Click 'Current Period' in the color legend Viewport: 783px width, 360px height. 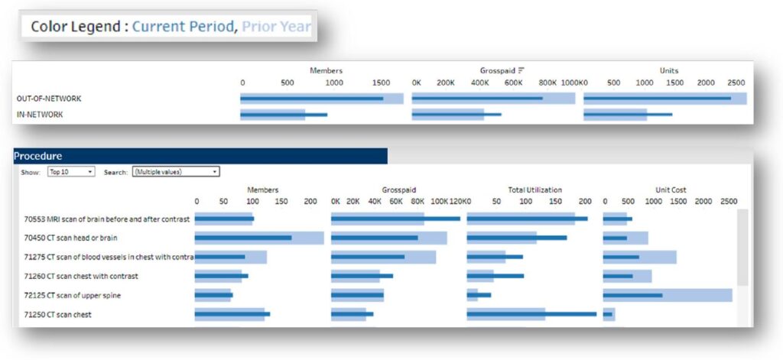183,27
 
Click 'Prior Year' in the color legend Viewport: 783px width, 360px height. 276,27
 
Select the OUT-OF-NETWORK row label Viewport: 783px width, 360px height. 49,99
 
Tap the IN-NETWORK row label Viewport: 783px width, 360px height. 40,115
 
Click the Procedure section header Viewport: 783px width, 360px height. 38,156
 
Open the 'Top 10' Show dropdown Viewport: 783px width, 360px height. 70,172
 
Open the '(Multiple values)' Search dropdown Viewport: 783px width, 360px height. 176,172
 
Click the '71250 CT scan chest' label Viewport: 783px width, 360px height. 58,314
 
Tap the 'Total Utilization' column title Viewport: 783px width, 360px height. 534,190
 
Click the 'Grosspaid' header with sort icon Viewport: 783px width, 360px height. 498,70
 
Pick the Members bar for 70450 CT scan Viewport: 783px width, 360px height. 243,238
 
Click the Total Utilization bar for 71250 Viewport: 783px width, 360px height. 531,314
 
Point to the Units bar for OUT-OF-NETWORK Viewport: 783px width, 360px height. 657,99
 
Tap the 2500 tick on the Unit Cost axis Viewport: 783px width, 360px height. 729,201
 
